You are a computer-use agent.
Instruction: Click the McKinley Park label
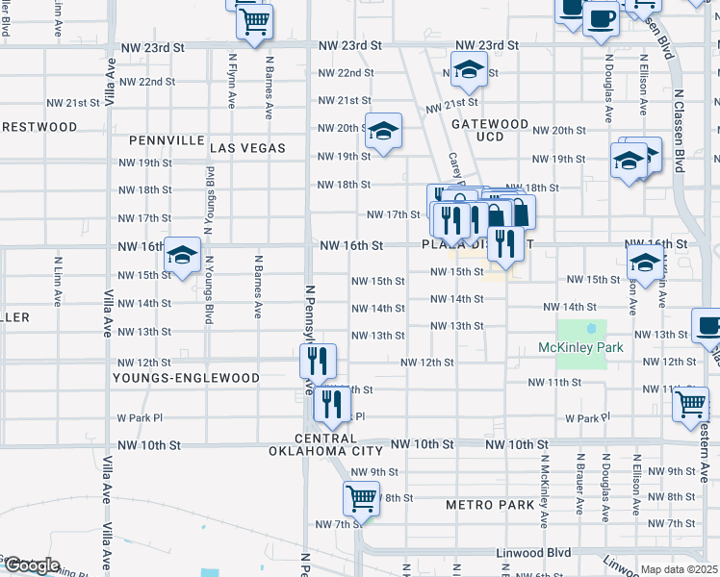(580, 347)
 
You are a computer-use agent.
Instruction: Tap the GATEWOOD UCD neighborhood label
(490, 131)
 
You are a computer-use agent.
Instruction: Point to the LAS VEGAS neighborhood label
(247, 148)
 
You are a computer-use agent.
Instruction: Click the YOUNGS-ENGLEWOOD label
(186, 378)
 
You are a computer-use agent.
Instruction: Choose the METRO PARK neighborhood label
(490, 505)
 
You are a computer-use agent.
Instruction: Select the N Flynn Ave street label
(232, 81)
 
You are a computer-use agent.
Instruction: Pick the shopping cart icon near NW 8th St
(361, 497)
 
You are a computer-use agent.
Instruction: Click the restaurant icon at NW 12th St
(318, 361)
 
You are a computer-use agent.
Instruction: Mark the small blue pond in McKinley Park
(590, 329)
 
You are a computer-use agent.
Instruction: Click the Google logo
(31, 565)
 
